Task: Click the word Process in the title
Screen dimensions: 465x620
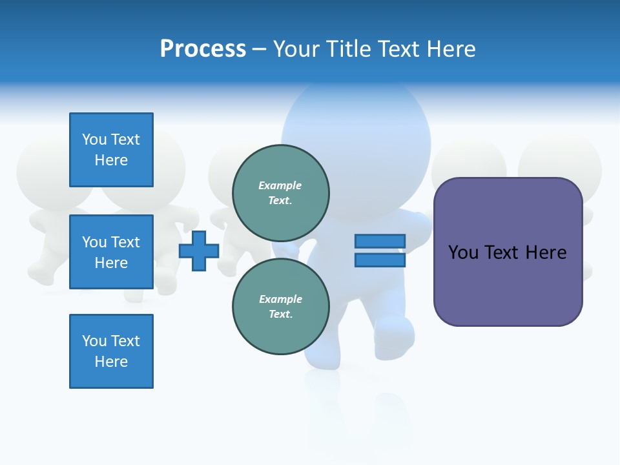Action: (203, 49)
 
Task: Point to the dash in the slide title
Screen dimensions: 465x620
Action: (259, 50)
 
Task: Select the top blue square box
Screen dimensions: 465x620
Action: (111, 150)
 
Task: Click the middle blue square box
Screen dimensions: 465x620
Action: (111, 252)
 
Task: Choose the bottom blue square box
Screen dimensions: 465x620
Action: (111, 351)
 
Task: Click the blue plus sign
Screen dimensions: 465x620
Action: (199, 251)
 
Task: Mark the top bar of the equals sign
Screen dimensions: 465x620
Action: (380, 241)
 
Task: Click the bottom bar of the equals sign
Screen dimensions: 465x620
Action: (380, 260)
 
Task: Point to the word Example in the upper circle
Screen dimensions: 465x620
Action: (280, 185)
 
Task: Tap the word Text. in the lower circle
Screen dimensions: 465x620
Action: (280, 315)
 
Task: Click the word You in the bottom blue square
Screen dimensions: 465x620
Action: (94, 341)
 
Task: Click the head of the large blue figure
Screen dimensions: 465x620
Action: (356, 129)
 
